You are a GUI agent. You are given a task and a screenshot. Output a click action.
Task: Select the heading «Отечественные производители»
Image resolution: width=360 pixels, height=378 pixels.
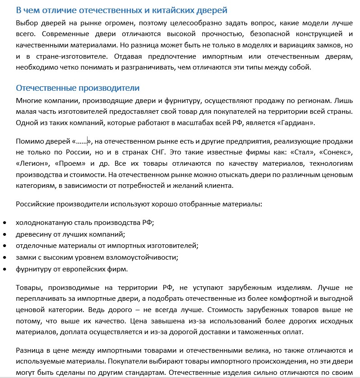click(x=78, y=88)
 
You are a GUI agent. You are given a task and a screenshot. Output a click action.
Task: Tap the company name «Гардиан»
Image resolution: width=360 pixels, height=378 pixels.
click(x=293, y=122)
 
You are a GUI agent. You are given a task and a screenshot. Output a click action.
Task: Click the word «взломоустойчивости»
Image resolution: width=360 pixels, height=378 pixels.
click(x=144, y=257)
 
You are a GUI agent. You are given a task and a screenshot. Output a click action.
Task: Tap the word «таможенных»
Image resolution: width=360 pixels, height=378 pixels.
click(x=262, y=333)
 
